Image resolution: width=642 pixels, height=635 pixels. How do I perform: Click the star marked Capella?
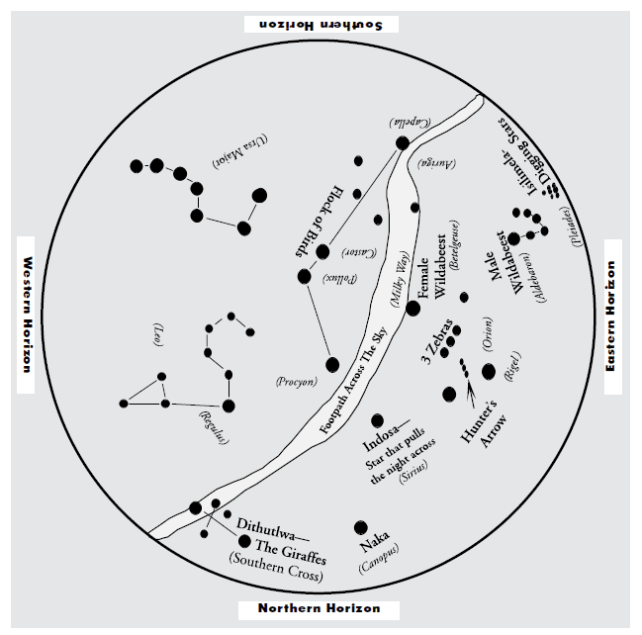403,143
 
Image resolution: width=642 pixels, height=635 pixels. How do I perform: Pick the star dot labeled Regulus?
229,405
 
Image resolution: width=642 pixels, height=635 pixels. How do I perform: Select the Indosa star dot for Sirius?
377,421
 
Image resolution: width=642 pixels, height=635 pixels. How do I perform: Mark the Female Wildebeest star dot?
413,308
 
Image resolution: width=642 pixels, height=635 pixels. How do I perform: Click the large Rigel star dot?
489,371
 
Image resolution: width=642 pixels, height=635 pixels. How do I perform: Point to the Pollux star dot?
305,276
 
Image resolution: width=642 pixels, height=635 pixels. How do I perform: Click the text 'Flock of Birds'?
323,219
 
